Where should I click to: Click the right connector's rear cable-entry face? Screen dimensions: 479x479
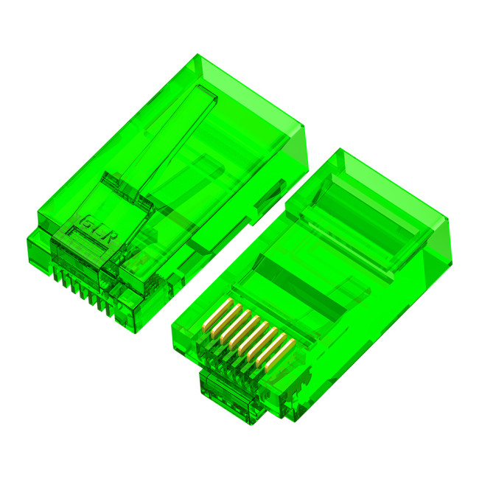click(x=435, y=258)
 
